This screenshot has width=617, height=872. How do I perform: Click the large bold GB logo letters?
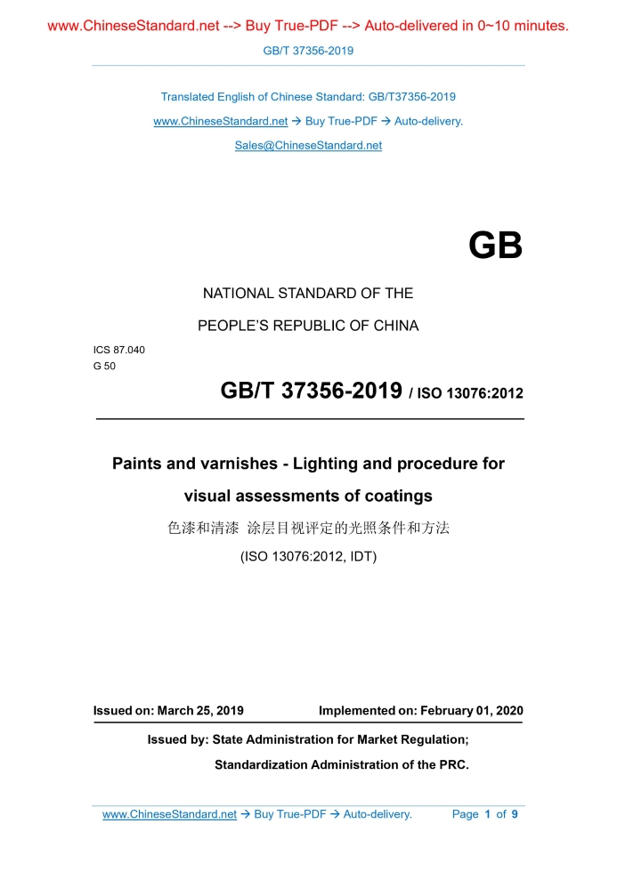coord(495,246)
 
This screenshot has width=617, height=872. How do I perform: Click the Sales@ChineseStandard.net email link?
coord(308,145)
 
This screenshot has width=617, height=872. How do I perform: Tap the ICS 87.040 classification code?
coord(118,350)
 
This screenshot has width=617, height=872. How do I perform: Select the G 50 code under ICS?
coord(105,366)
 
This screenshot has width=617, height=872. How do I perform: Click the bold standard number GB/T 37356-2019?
coord(311,391)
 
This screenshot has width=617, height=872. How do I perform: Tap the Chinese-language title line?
coord(308,528)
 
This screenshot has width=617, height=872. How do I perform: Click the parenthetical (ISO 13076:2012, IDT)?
coord(308,557)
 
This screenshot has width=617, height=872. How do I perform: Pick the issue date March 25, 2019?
coord(200,711)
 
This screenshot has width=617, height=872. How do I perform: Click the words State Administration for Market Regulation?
coord(339,739)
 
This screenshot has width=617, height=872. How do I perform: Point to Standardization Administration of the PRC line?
coord(341,764)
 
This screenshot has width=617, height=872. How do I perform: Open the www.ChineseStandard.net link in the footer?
coord(169,814)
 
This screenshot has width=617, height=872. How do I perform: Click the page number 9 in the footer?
coord(515,814)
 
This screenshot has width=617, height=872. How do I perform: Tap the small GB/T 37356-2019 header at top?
coord(308,51)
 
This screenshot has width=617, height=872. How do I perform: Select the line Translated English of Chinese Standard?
coord(308,97)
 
